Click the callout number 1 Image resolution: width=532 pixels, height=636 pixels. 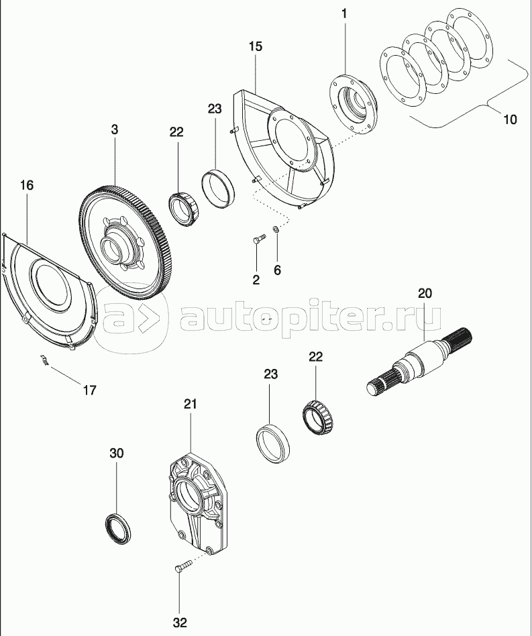(345, 13)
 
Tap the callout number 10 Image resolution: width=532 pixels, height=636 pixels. (509, 120)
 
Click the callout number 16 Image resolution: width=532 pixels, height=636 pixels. (26, 184)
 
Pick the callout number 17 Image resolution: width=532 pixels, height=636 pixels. (89, 390)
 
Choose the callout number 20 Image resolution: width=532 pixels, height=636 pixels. (425, 293)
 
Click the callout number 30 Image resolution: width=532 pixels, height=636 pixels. (117, 454)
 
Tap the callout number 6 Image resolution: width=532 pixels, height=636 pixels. (277, 270)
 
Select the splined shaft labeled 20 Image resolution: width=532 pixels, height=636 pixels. (423, 359)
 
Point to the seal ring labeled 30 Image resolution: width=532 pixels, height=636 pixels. (119, 526)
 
